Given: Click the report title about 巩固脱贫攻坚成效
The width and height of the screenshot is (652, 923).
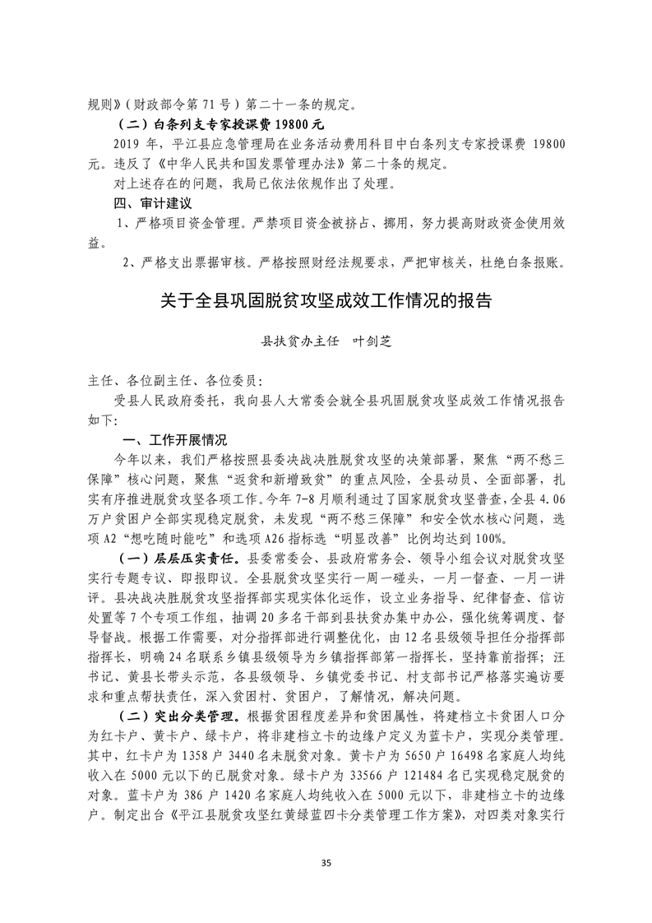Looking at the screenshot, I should click(326, 300).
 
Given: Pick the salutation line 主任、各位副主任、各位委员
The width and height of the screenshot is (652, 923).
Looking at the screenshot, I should click(176, 380).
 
